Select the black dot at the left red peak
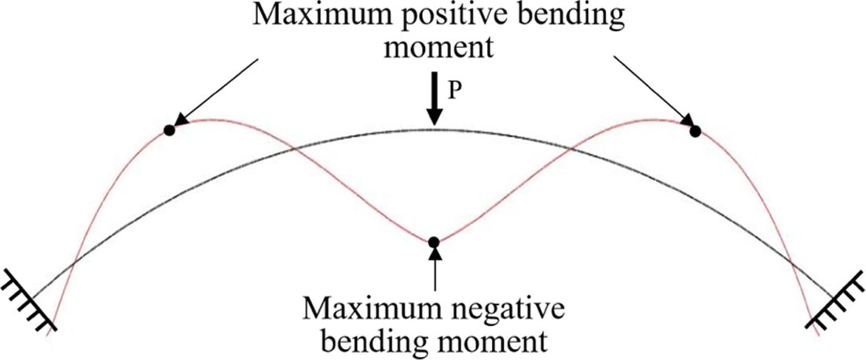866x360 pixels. [x=168, y=130]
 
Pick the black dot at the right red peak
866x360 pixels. [x=695, y=130]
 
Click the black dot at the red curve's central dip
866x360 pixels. [x=433, y=241]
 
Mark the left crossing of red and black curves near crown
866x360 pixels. [x=292, y=149]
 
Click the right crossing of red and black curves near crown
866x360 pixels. [x=572, y=149]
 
